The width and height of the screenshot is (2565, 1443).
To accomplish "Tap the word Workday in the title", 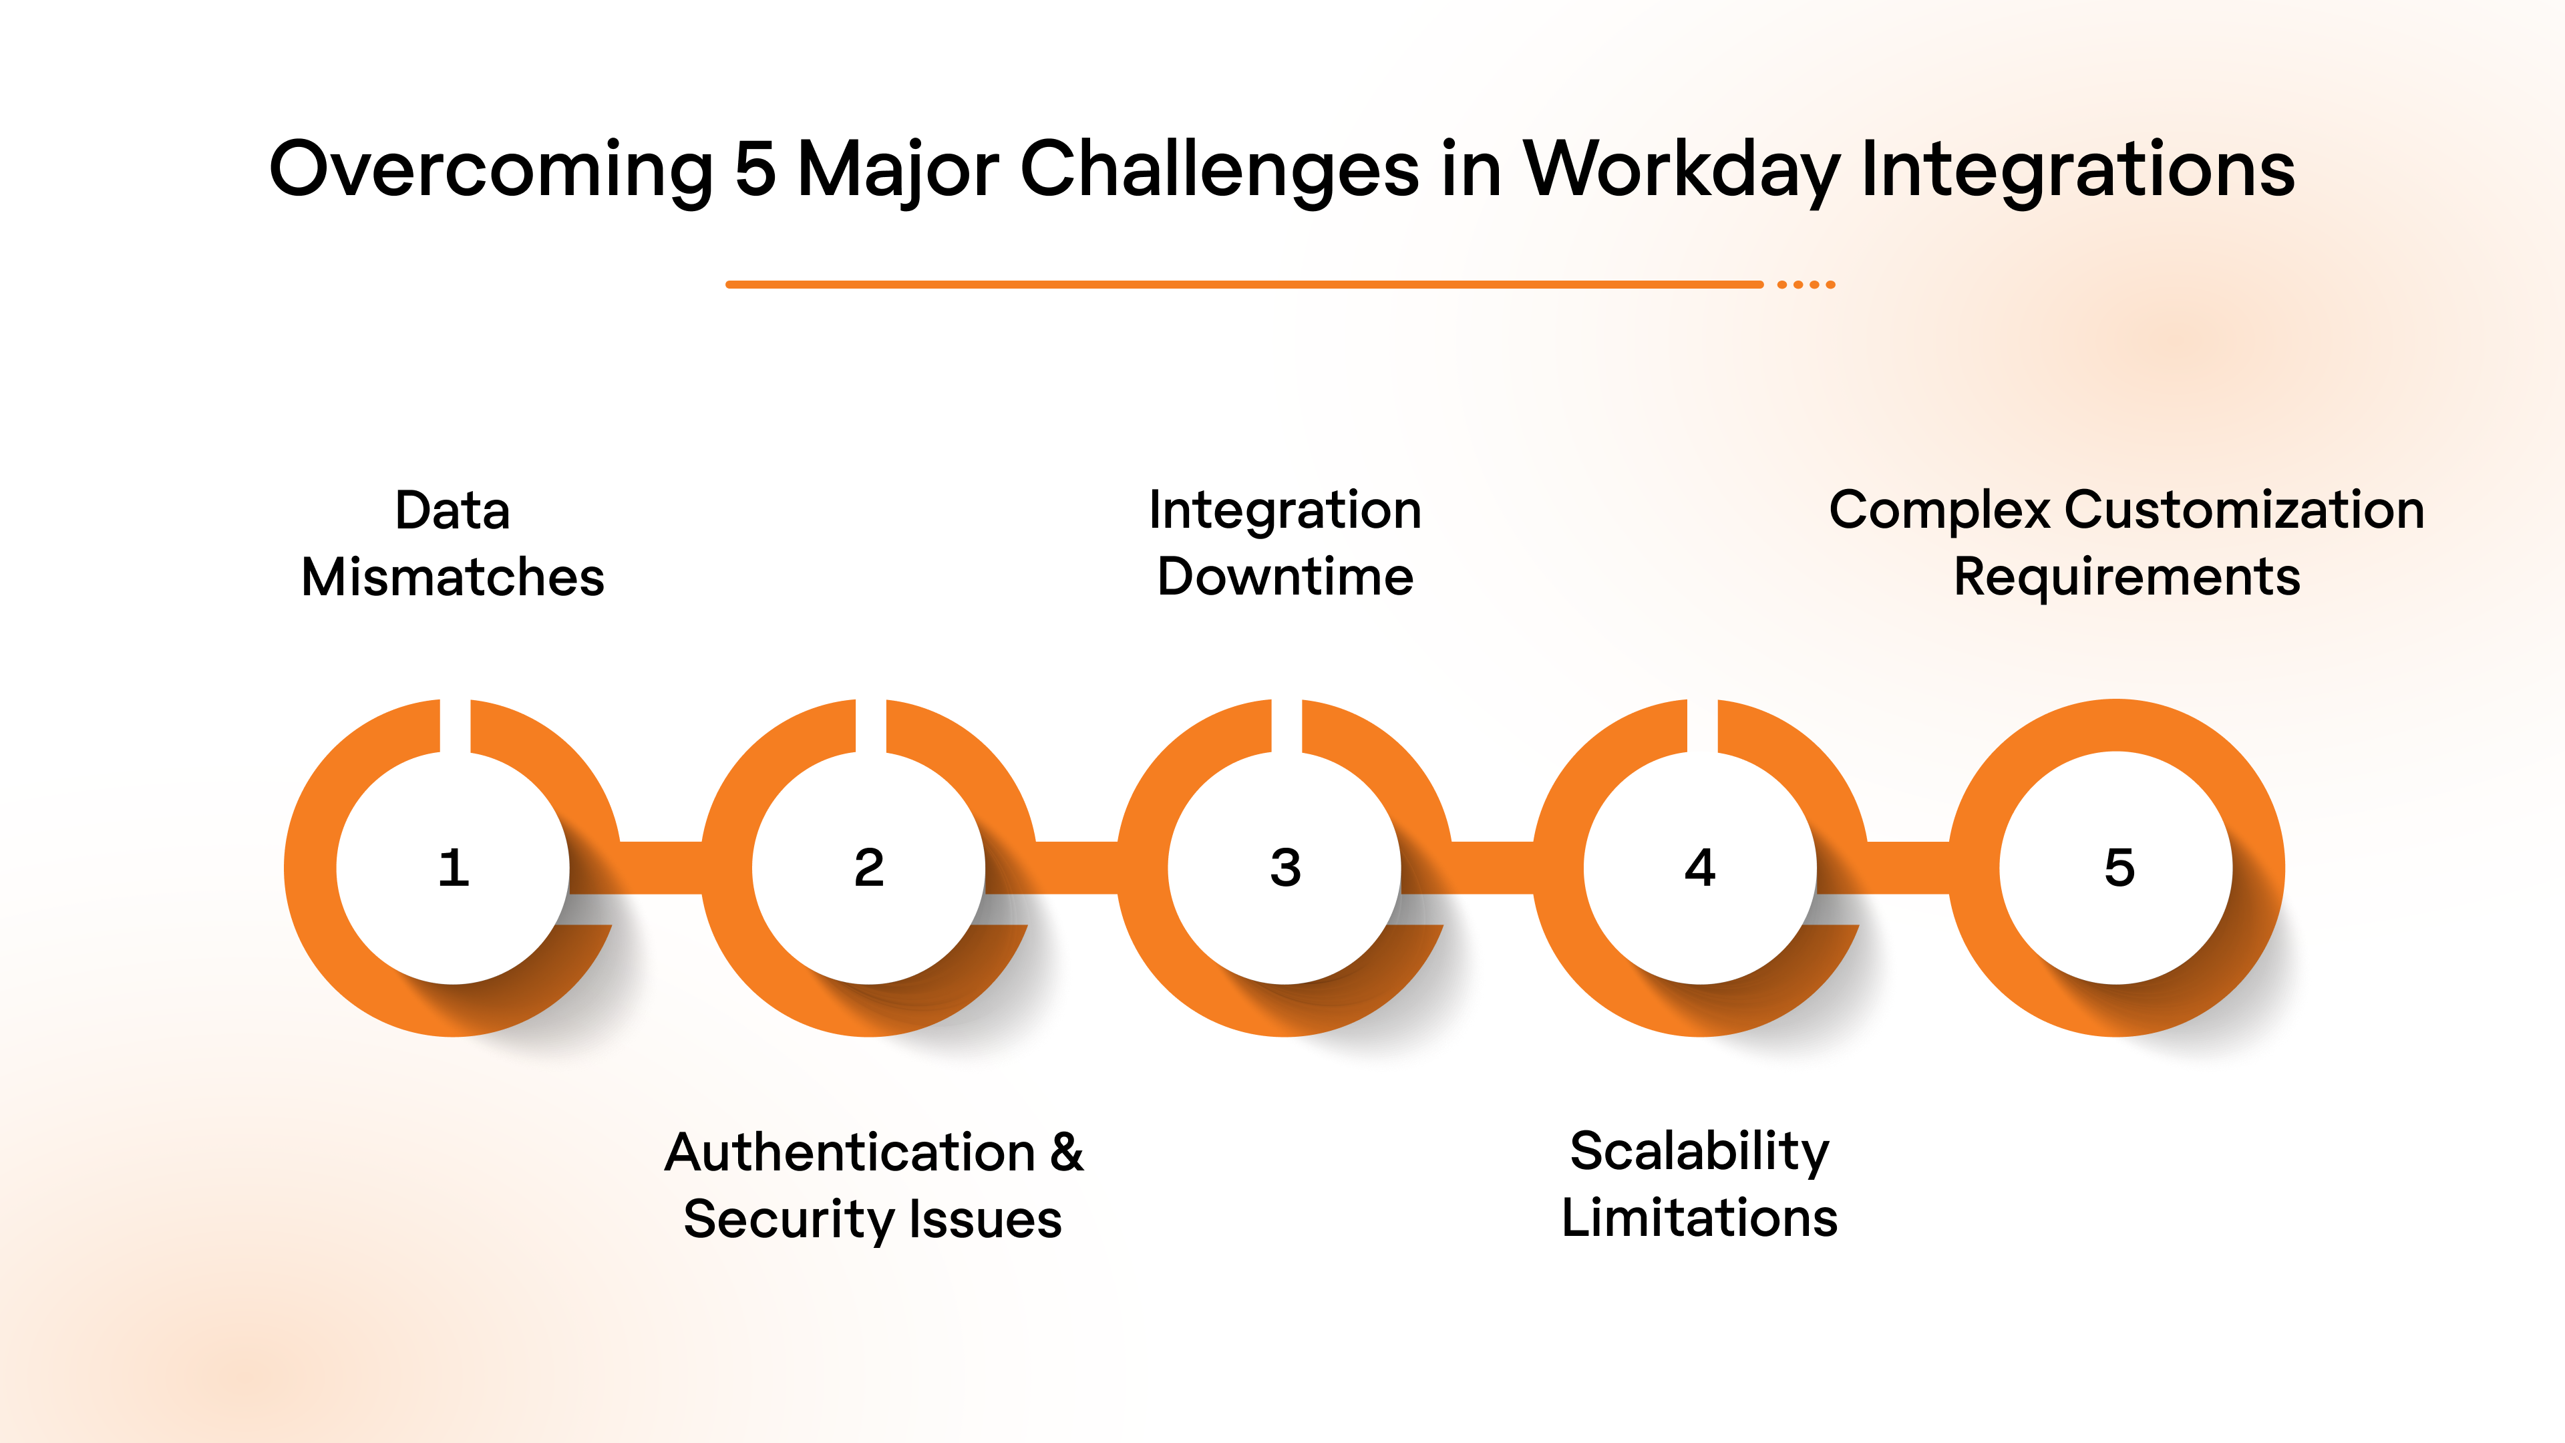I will [1682, 169].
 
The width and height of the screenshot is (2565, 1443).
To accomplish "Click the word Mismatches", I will [453, 578].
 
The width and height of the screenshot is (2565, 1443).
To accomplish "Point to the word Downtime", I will [1285, 578].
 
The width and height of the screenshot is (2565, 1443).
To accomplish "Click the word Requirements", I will [2127, 578].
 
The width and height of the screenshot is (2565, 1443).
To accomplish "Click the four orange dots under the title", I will [1806, 285].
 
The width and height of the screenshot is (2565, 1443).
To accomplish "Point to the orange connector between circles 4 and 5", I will [1908, 867].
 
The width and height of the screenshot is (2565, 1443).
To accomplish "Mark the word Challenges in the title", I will [1219, 169].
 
